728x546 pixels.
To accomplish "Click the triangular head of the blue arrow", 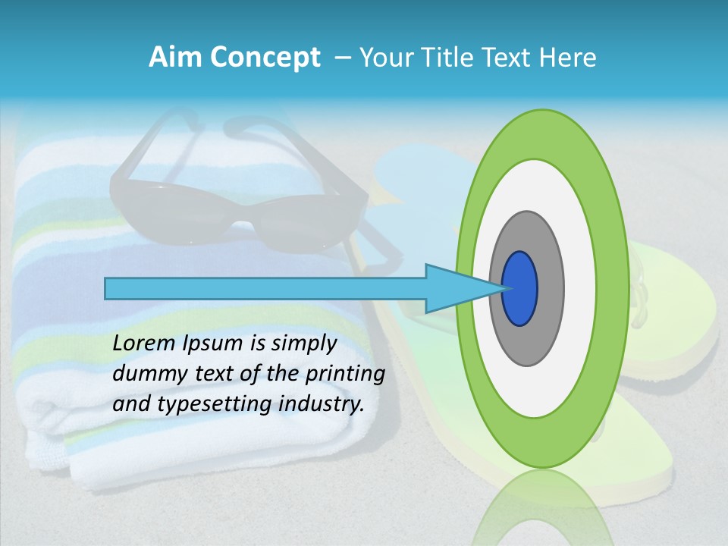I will pyautogui.click(x=455, y=288).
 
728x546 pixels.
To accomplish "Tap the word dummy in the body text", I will pyautogui.click(x=144, y=374).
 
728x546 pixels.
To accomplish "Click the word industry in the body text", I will pyautogui.click(x=318, y=404).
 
